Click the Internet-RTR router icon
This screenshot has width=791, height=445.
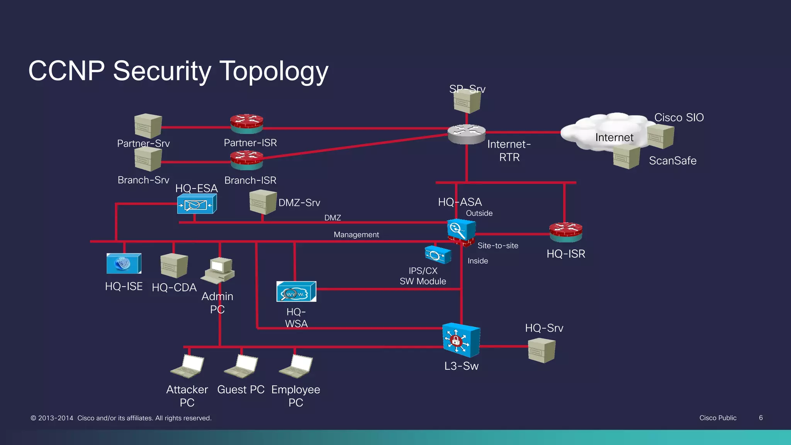point(467,134)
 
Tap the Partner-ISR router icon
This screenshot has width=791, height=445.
point(247,124)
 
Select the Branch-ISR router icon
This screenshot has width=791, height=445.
point(247,160)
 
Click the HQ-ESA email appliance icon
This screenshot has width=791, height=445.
point(197,204)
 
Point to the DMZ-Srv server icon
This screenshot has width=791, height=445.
point(263,202)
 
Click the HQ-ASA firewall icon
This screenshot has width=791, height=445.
point(461,232)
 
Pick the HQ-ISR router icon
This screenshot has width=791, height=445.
point(566,232)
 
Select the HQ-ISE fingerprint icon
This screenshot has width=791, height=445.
point(124,263)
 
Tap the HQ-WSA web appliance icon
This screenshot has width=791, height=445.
point(296,292)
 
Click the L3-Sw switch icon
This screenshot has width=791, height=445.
point(461,340)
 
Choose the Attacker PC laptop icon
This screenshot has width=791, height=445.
point(188,366)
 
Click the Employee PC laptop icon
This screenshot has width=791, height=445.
point(296,366)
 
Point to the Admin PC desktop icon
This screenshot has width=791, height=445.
point(218,270)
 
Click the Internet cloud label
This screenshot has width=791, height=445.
point(614,138)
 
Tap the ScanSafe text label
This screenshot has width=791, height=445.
point(672,161)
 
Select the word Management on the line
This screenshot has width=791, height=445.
point(356,234)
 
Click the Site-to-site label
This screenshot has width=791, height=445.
point(497,246)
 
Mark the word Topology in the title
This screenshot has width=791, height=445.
point(274,71)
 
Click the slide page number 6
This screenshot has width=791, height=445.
point(760,418)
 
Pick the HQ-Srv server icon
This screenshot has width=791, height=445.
point(541,350)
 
